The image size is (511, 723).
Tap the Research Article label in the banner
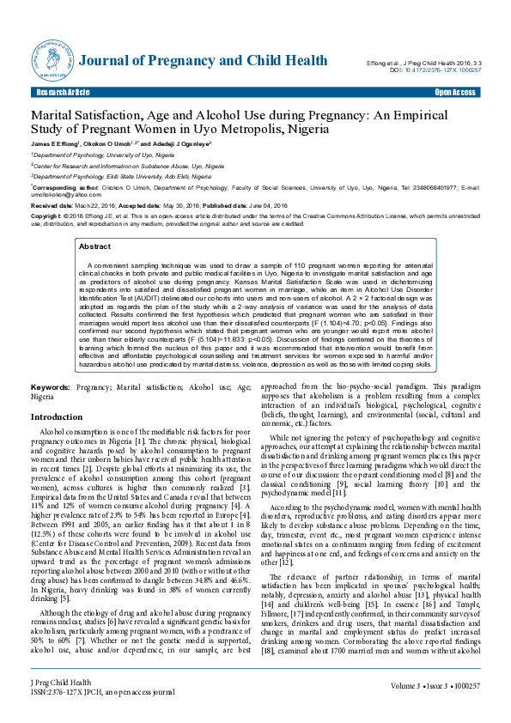(x=63, y=91)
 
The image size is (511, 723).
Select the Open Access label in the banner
(x=455, y=91)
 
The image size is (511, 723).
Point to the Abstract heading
(x=94, y=246)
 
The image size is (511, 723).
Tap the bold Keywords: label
(x=51, y=388)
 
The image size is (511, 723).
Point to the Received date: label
(x=53, y=207)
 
